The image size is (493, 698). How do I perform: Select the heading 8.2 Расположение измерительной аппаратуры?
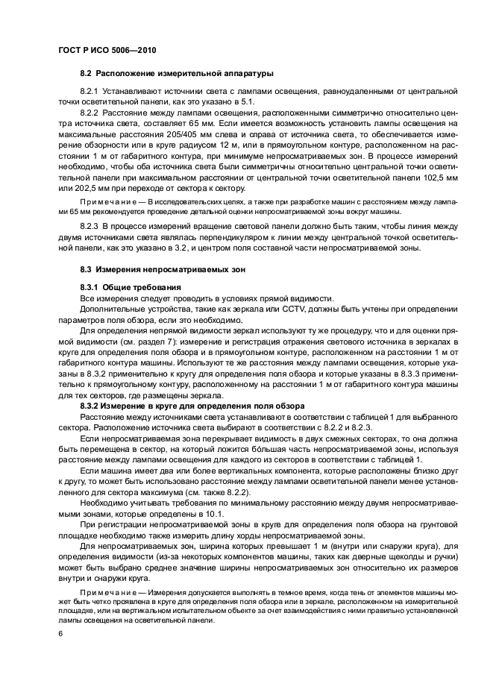[177, 74]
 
